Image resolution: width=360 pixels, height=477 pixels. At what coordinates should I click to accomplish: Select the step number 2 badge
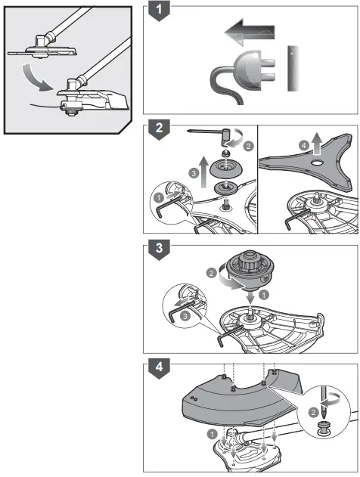pos(159,128)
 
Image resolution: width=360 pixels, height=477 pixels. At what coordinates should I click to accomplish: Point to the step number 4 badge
pos(159,367)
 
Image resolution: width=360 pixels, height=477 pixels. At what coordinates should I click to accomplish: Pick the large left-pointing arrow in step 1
pos(250,33)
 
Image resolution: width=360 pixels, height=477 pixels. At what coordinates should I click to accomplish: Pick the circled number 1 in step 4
pos(213,433)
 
